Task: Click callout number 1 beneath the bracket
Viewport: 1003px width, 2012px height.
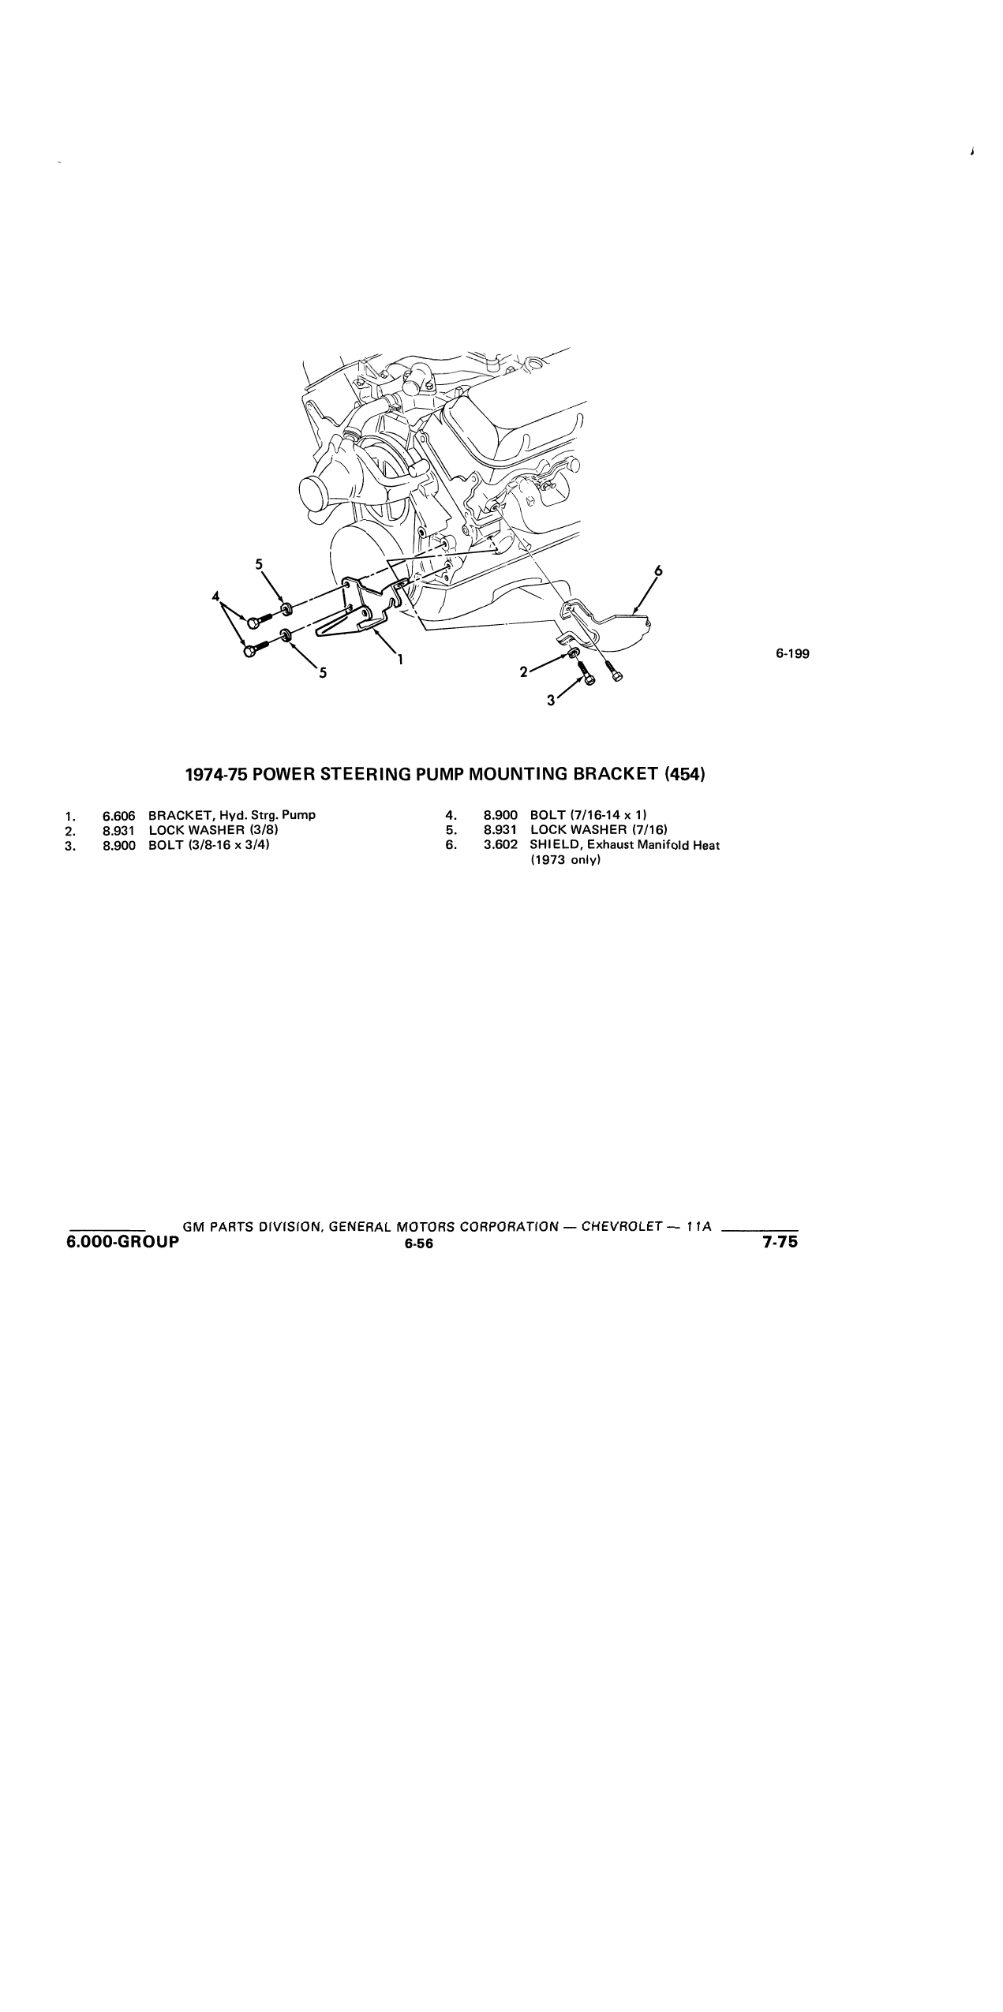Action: click(401, 660)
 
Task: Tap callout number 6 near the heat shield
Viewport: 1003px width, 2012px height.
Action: click(659, 571)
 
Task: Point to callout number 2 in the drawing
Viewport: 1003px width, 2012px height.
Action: click(523, 672)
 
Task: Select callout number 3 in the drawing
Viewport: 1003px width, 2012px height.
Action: click(551, 703)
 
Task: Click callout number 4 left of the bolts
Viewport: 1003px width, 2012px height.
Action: click(215, 596)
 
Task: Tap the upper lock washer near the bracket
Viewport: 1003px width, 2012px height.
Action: click(287, 608)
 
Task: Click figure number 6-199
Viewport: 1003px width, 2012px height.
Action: click(792, 653)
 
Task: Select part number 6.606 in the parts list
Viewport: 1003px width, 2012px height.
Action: click(119, 815)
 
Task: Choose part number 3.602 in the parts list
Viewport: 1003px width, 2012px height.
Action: click(501, 845)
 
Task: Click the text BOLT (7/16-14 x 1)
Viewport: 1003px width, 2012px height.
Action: click(589, 815)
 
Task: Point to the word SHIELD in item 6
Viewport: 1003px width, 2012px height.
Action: click(551, 845)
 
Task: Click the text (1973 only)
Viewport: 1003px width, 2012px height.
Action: click(566, 860)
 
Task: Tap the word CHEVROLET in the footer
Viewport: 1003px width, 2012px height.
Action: click(620, 1227)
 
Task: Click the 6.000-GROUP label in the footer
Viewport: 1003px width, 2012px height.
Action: click(123, 1242)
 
